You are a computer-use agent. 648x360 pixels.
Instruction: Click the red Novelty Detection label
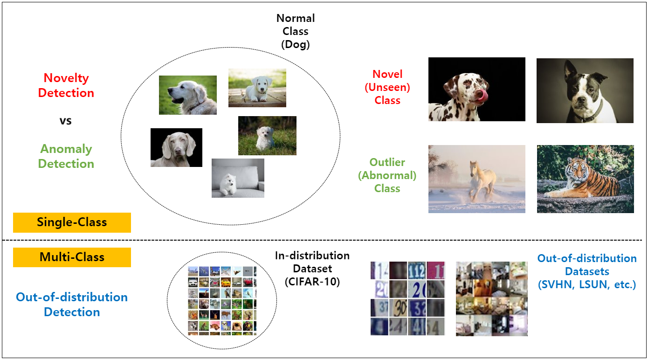66,85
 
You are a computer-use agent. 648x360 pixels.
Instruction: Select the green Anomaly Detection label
66,156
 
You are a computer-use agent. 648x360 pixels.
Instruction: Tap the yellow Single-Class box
72,222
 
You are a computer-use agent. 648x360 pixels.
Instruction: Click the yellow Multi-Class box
72,257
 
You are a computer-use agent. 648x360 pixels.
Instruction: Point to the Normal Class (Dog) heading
296,31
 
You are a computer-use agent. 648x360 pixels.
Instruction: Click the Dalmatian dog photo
476,89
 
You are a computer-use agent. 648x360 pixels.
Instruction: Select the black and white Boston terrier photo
585,90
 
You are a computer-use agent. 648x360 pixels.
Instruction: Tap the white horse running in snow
476,179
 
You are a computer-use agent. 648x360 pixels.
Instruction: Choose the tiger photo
585,179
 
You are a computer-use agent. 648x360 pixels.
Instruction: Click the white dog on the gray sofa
238,178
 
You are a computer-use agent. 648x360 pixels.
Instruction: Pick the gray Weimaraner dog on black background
176,147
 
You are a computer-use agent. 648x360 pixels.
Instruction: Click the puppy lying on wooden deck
257,88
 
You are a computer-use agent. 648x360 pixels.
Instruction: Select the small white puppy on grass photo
267,136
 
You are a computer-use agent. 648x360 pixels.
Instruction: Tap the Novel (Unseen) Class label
387,87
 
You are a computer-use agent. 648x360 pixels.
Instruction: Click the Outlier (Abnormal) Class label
387,175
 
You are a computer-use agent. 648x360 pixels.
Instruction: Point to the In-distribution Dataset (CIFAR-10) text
312,269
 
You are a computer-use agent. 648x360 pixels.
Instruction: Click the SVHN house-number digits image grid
407,298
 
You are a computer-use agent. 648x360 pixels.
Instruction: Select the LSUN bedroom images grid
491,298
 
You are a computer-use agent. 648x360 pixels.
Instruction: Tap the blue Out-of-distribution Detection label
72,305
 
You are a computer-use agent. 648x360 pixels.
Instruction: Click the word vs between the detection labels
65,121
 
